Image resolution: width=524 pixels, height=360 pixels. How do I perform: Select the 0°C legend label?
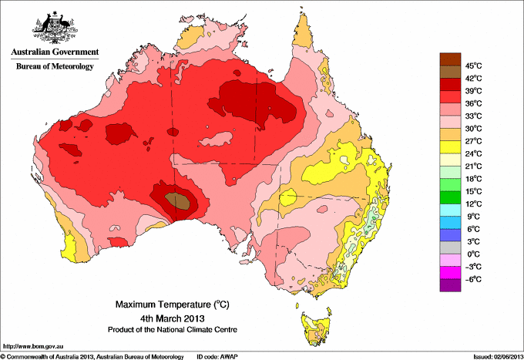tap(472, 254)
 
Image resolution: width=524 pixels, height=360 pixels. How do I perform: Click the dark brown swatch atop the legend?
tap(449, 58)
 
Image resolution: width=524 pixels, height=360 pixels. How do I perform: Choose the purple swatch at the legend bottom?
tap(449, 285)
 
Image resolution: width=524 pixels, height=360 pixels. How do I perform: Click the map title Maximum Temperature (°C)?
tap(171, 304)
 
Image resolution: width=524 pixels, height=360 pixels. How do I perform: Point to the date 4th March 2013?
tap(171, 318)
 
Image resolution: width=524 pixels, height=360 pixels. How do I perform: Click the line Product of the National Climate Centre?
tap(171, 329)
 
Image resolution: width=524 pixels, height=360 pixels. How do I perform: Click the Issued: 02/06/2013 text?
tap(495, 356)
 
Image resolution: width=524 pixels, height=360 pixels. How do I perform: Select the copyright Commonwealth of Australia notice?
tap(92, 356)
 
